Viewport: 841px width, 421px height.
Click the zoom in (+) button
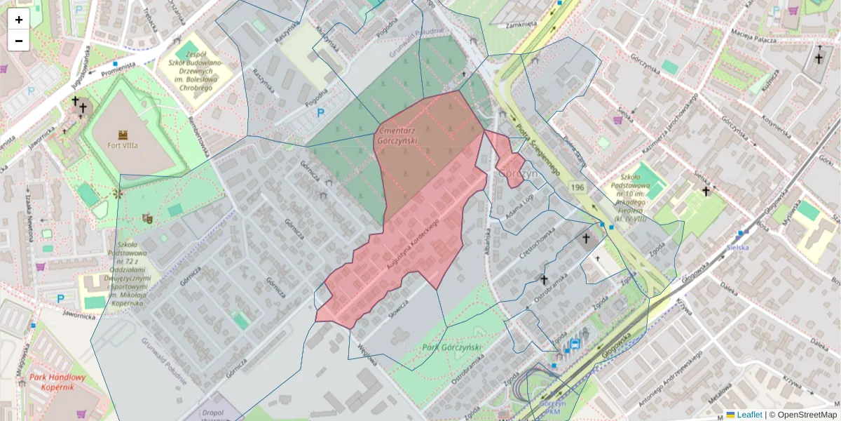tap(19, 20)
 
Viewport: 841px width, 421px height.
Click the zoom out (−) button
tap(19, 41)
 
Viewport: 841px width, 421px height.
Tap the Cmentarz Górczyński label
tap(397, 135)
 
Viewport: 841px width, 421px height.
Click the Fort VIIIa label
tap(123, 145)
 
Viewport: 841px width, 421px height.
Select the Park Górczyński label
tap(452, 348)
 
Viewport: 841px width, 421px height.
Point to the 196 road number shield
tap(577, 187)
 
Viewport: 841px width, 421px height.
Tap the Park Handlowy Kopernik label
tap(57, 382)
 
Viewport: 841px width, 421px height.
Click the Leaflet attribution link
tap(749, 415)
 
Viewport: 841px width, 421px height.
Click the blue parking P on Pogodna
tap(321, 112)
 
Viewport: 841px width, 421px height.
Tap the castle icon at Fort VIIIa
tap(123, 134)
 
